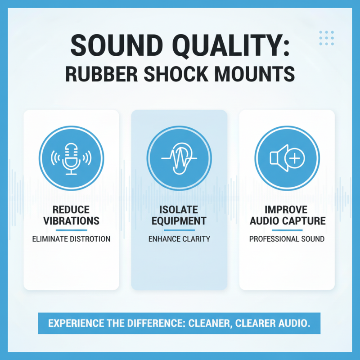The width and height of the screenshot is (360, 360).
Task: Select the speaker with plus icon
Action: pyautogui.click(x=287, y=158)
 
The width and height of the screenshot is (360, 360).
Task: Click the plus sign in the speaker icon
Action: pyautogui.click(x=295, y=158)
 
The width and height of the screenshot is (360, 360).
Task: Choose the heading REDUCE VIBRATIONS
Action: pyautogui.click(x=71, y=216)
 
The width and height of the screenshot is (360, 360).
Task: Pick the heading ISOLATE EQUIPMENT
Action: pyautogui.click(x=179, y=216)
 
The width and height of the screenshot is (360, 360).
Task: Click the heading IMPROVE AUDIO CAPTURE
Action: pyautogui.click(x=287, y=216)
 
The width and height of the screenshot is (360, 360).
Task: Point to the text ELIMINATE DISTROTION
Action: pyautogui.click(x=71, y=239)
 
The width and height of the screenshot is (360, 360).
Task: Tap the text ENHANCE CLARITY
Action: pyautogui.click(x=179, y=239)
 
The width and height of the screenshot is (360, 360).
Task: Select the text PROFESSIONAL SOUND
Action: pyautogui.click(x=287, y=239)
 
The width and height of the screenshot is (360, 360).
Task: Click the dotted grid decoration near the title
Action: pyautogui.click(x=327, y=38)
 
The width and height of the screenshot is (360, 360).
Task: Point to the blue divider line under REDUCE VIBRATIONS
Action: pyautogui.click(x=71, y=230)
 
